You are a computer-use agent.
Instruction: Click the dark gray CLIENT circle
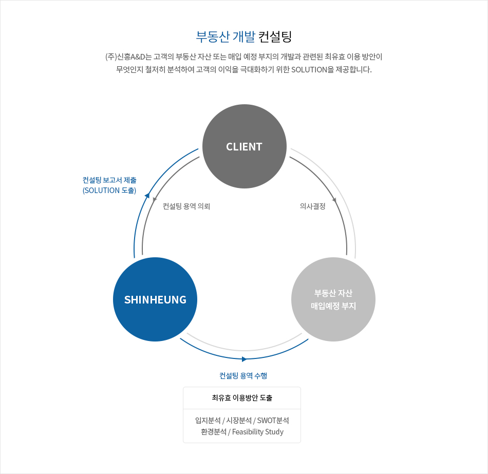click(x=245, y=146)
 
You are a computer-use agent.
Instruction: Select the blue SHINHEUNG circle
click(x=155, y=299)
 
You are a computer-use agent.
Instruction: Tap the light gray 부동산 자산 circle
click(x=333, y=299)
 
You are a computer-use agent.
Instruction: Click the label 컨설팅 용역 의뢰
click(x=186, y=206)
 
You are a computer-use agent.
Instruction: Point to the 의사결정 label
click(x=312, y=206)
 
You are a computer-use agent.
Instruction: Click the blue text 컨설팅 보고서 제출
click(x=109, y=180)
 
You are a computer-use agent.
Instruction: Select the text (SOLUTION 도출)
click(x=109, y=191)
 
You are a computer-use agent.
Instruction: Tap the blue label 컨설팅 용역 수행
click(x=243, y=375)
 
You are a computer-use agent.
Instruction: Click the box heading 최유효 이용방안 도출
click(x=242, y=398)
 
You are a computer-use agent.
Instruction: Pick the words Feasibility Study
click(x=258, y=432)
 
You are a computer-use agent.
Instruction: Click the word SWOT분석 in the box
click(x=273, y=421)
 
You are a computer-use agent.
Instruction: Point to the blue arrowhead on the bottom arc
click(x=244, y=359)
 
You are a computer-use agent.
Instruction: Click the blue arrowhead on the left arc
click(x=147, y=196)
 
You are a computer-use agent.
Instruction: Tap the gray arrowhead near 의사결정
click(x=334, y=200)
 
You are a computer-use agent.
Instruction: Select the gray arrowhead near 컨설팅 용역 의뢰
click(x=155, y=200)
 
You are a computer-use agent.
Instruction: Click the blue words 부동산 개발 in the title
click(x=226, y=37)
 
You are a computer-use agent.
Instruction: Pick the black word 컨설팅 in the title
click(x=275, y=37)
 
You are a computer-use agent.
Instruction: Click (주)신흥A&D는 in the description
click(x=128, y=57)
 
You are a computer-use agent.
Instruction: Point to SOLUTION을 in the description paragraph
click(x=312, y=69)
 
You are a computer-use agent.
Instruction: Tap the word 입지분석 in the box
click(x=208, y=421)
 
